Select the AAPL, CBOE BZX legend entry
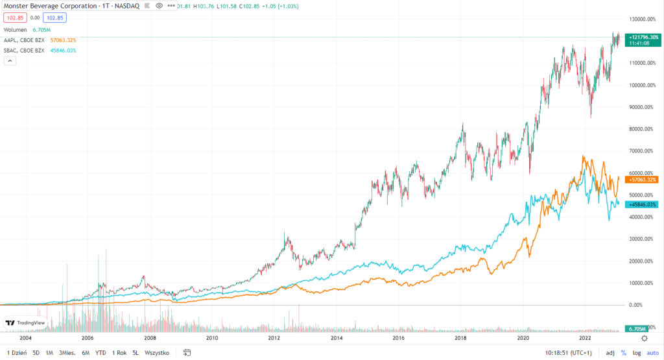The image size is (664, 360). tap(24, 40)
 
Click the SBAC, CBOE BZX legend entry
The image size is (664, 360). tap(24, 51)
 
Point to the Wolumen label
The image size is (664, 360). tap(16, 30)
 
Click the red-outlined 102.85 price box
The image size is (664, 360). tap(13, 18)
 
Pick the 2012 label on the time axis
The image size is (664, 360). tap(274, 338)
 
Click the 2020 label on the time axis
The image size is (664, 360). tap(523, 338)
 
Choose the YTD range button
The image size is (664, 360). tap(101, 353)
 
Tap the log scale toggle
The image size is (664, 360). tap(637, 353)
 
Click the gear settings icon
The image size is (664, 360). tap(643, 338)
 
